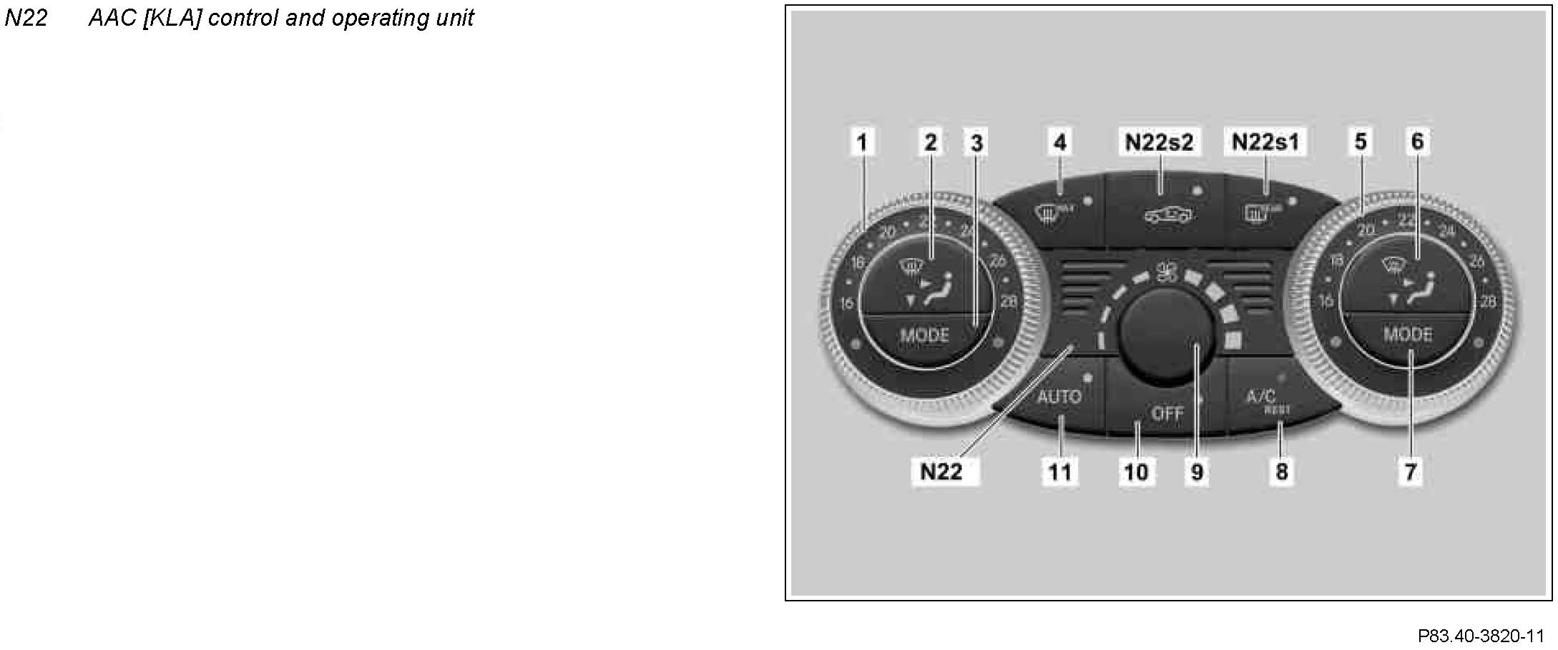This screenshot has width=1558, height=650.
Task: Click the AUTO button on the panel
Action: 1059,396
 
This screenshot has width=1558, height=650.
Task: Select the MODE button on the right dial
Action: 1407,334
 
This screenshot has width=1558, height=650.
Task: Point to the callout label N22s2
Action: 1160,142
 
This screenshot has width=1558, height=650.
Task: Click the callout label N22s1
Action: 1265,142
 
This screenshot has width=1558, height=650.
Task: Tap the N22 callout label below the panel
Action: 941,471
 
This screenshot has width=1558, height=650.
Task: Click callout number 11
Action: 1059,472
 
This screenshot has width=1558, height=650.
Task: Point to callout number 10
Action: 1136,472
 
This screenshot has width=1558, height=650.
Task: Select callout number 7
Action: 1410,472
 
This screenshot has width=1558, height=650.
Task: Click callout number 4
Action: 1060,142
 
